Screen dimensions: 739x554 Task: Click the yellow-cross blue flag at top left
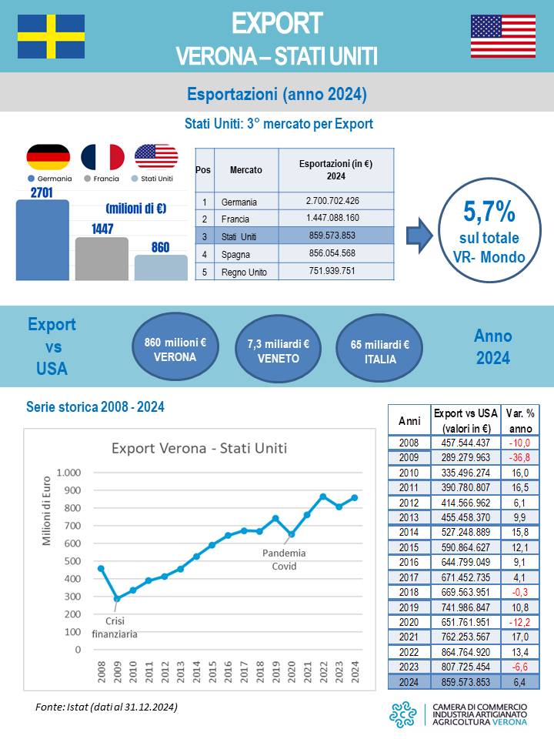51,36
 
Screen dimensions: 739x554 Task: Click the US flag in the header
503,36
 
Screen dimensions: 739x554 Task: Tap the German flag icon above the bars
48,157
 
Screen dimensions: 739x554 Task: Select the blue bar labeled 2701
42,240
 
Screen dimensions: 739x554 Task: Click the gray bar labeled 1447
102,259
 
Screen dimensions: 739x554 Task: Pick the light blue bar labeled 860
160,267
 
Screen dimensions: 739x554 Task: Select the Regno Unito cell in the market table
244,272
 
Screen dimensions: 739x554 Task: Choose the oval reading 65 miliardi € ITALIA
380,351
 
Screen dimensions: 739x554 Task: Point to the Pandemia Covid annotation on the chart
284,559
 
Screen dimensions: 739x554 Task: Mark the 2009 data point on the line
116,598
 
